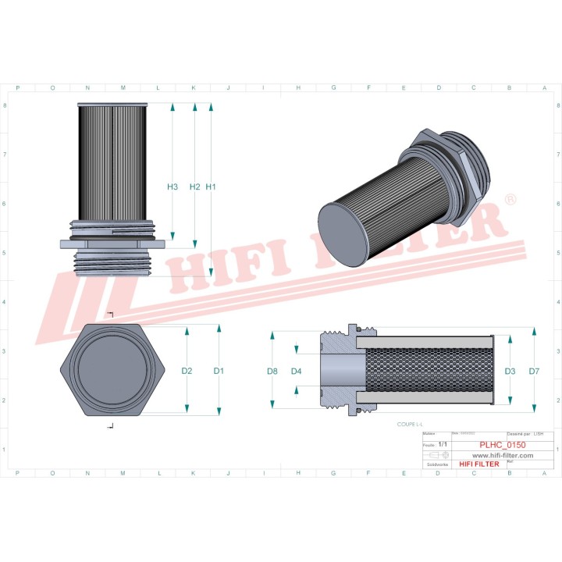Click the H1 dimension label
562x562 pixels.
point(211,187)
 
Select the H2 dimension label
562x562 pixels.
point(194,187)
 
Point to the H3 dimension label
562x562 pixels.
point(173,187)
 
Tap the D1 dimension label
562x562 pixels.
point(219,371)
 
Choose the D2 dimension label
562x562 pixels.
point(187,371)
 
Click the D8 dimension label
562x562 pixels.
point(272,371)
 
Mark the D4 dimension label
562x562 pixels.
point(296,371)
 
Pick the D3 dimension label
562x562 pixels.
point(510,371)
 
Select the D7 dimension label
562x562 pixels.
point(534,371)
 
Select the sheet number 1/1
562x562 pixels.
point(443,443)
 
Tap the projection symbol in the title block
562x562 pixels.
point(437,454)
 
